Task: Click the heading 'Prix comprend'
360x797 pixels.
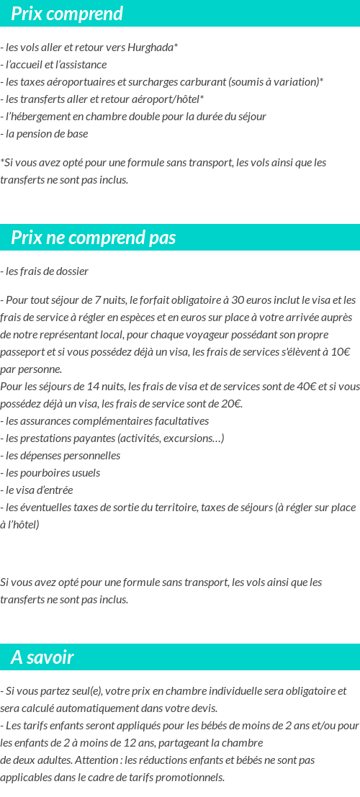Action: [67, 14]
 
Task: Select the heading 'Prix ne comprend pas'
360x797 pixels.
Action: [94, 238]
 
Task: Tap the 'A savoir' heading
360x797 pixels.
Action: [42, 657]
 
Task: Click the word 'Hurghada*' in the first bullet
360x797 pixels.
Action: [152, 48]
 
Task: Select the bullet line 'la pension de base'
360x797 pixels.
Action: [46, 134]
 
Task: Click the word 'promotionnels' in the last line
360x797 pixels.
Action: [191, 778]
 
